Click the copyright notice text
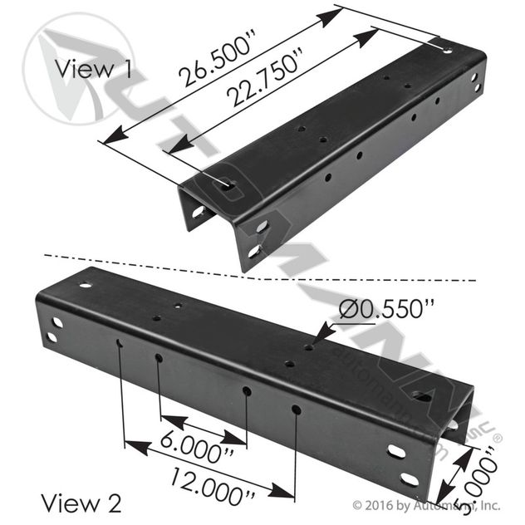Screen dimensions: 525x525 [x=426, y=503]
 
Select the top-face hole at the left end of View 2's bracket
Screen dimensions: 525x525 [x=85, y=285]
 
